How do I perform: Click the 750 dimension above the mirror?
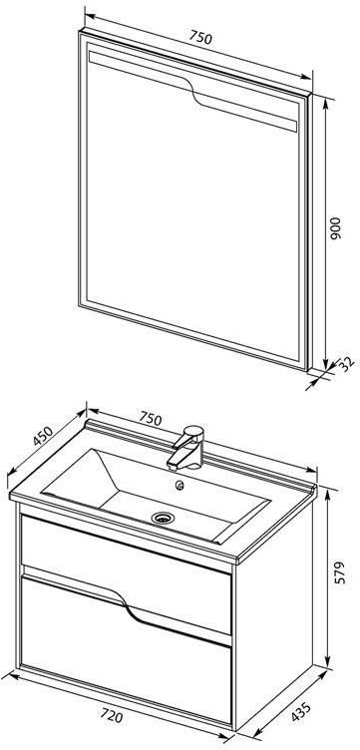click(200, 37)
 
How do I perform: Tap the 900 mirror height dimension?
click(336, 228)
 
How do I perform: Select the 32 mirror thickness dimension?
click(348, 363)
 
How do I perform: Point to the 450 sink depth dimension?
click(43, 435)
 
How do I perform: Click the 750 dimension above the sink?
click(151, 418)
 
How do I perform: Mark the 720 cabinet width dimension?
click(112, 716)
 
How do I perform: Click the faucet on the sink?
click(186, 448)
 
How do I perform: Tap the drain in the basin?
click(164, 517)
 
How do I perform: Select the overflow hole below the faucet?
click(180, 487)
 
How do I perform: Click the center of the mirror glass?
click(191, 210)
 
